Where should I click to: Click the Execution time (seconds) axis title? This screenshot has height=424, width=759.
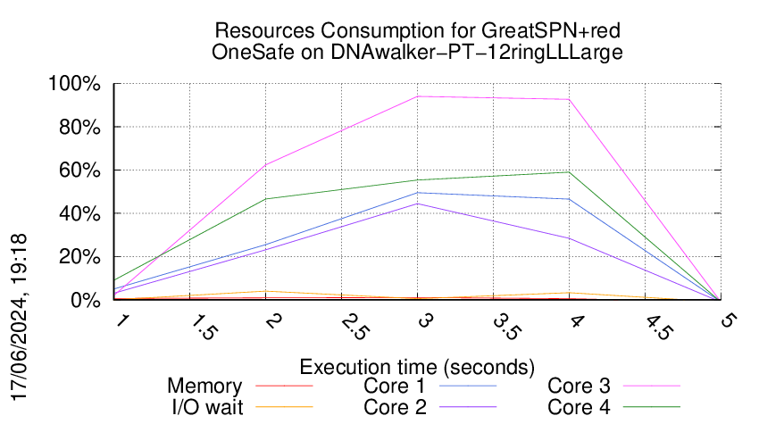click(417, 367)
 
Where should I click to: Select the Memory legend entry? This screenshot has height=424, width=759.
click(204, 387)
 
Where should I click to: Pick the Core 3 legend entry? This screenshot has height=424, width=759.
click(580, 387)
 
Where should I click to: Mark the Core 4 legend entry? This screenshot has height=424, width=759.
click(580, 406)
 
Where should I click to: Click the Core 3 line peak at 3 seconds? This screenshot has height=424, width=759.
click(417, 96)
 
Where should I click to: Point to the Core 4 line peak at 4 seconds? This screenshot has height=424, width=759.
click(569, 172)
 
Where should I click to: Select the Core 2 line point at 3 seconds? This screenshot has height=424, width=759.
click(417, 204)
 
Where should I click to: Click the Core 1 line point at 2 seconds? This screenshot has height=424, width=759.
click(265, 245)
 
